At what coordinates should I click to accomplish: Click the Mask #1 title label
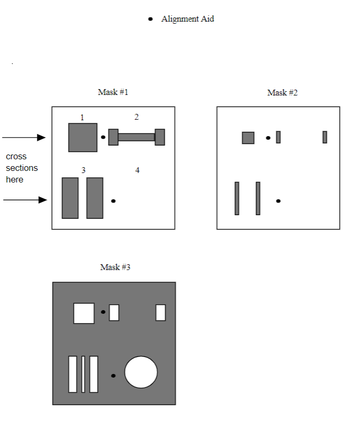click(113, 92)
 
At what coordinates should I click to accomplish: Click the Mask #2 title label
click(282, 93)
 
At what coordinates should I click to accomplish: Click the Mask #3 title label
click(115, 267)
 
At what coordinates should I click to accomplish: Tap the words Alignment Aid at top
click(187, 19)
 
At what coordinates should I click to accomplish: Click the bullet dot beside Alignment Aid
click(150, 19)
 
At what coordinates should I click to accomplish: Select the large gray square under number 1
click(83, 138)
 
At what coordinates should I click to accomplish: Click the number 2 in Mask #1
click(137, 117)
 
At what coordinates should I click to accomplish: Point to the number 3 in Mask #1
click(83, 170)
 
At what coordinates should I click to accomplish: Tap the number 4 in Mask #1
click(137, 170)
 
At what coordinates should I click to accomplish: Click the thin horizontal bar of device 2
click(136, 137)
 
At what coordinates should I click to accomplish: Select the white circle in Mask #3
click(141, 372)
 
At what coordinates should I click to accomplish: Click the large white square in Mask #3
click(84, 313)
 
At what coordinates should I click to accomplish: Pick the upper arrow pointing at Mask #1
click(24, 138)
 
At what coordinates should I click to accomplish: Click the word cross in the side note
click(16, 157)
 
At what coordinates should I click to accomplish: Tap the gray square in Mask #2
click(248, 138)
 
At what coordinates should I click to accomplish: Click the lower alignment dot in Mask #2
click(278, 201)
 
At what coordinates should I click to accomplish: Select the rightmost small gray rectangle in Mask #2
click(325, 137)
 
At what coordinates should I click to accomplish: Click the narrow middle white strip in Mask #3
click(83, 374)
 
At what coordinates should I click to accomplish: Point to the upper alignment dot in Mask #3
click(103, 312)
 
